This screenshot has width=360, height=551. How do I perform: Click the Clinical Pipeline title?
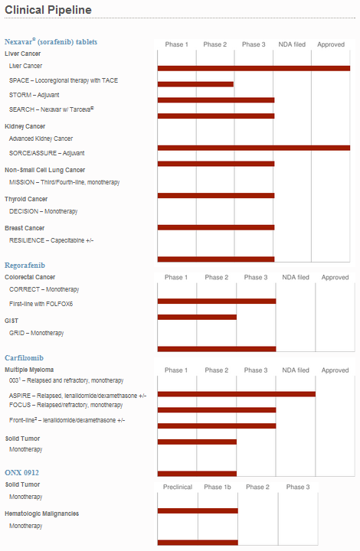(x=48, y=10)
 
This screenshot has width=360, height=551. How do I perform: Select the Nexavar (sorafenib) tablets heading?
(x=51, y=42)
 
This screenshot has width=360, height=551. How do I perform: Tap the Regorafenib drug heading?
(x=25, y=266)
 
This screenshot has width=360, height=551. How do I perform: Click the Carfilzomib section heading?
(x=24, y=357)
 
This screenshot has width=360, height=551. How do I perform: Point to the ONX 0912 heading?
(x=21, y=473)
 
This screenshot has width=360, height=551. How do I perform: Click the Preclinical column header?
(x=178, y=487)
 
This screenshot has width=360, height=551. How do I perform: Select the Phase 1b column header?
(x=218, y=487)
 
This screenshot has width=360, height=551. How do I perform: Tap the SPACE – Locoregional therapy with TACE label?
(x=64, y=80)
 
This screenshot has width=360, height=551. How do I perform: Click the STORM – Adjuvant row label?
(x=34, y=95)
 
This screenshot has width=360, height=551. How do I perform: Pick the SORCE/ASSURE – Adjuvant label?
(x=47, y=153)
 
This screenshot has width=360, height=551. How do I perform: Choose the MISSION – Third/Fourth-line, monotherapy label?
(x=64, y=182)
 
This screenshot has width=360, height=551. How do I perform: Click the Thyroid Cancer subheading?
(x=26, y=199)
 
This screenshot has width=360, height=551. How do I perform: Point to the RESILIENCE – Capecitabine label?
(x=51, y=240)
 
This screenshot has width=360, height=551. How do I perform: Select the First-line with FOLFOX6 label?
(x=41, y=304)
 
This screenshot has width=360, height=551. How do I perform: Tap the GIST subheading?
(x=11, y=321)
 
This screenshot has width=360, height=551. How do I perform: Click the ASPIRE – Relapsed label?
(x=77, y=396)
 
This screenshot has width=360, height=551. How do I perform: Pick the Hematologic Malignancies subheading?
(x=42, y=514)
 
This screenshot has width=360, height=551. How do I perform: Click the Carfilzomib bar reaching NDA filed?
(x=236, y=394)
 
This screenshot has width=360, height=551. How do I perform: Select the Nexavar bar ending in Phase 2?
(x=195, y=84)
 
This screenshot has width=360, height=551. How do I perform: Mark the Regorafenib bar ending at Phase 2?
(x=197, y=317)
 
